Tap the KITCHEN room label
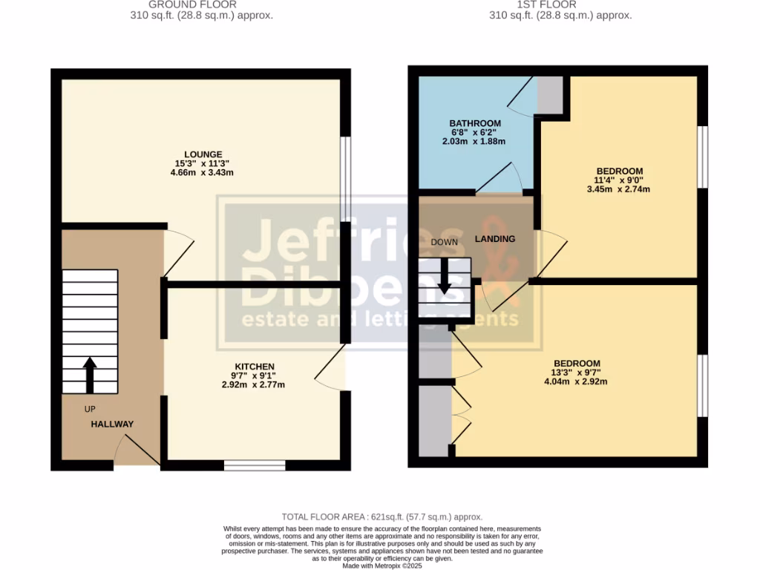(255, 367)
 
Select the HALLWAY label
(112, 424)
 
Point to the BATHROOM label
(475, 123)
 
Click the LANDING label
(495, 238)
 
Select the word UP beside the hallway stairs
(90, 409)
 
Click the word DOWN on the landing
(444, 243)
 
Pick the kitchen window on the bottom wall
(255, 465)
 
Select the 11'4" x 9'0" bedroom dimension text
(620, 180)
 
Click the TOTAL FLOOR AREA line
(382, 517)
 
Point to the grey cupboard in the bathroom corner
(550, 94)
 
